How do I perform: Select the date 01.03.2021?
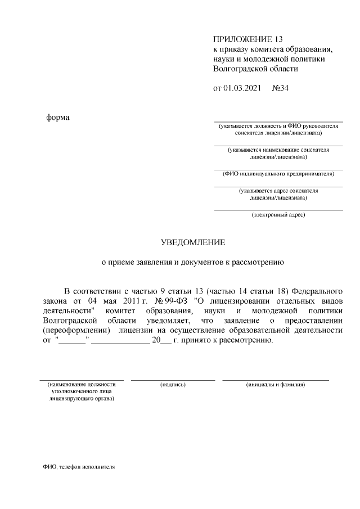(x=243, y=89)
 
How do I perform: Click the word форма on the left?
(x=58, y=118)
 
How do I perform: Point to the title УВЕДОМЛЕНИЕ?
(x=193, y=242)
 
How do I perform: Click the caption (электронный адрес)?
(x=278, y=215)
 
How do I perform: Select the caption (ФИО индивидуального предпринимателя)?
(x=278, y=174)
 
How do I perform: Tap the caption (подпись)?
(x=173, y=385)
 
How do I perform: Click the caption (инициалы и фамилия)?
(x=276, y=385)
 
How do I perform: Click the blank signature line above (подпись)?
(x=173, y=380)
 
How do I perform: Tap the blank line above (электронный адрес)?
(x=278, y=210)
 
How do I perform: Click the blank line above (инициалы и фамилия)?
(x=276, y=380)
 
